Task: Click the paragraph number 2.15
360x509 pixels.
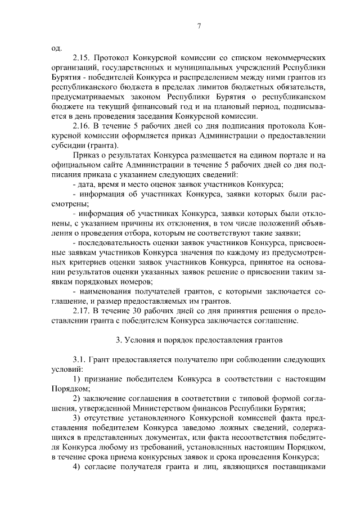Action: pyautogui.click(x=83, y=57)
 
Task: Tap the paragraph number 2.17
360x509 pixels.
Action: pyautogui.click(x=83, y=310)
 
